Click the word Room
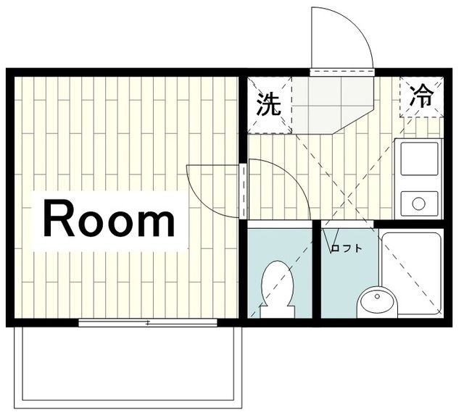click(110, 220)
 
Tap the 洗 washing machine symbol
click(269, 105)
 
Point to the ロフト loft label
click(346, 248)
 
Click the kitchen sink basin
click(419, 159)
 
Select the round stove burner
click(419, 202)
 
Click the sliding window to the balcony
click(149, 323)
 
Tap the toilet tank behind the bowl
click(277, 310)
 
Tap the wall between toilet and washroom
click(317, 272)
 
